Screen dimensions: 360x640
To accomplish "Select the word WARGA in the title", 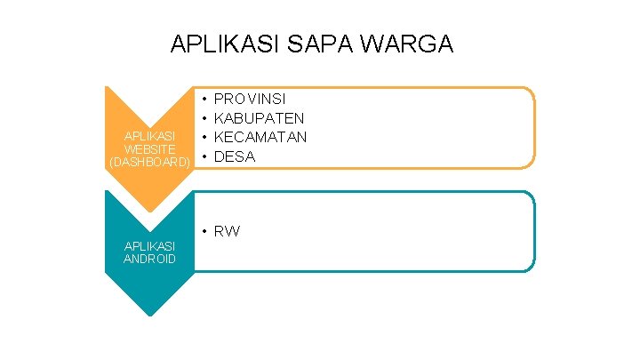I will [417, 44].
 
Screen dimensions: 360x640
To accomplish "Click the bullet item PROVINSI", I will [250, 98].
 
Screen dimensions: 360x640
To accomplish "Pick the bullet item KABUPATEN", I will [260, 117].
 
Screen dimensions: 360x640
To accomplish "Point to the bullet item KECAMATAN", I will [260, 137].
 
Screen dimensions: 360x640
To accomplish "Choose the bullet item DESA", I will [235, 156].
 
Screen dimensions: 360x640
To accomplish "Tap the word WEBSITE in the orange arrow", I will [149, 149].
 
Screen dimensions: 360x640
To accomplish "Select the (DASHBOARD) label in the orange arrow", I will [149, 163].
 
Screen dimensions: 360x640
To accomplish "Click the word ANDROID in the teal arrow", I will [149, 259].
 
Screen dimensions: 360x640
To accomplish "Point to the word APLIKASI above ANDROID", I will [149, 245].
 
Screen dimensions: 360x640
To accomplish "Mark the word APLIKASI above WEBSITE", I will [149, 136].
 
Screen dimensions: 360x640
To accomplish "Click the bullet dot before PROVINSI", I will [204, 98].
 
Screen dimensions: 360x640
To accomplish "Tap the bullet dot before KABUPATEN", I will [204, 117].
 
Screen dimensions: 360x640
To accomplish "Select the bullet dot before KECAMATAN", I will [204, 137].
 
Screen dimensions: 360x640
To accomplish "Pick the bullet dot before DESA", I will [204, 156].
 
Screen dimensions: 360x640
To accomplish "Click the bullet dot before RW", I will [204, 231].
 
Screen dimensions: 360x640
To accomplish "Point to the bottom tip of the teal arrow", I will [149, 316].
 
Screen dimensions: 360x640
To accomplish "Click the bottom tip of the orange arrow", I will [149, 212].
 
